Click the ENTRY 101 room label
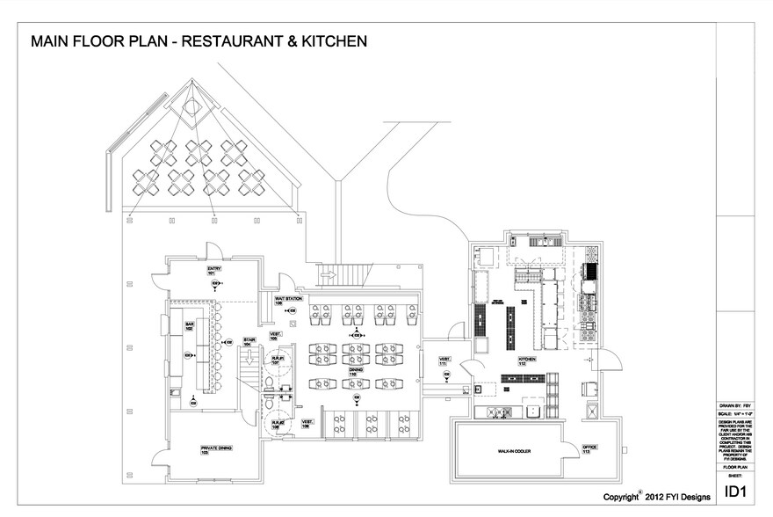[x=212, y=271]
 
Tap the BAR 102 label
[x=189, y=326]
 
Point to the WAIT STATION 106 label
[x=289, y=301]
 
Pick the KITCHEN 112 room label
[x=527, y=360]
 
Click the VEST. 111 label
[x=445, y=360]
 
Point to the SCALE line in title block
[x=736, y=413]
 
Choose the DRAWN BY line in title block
[x=736, y=405]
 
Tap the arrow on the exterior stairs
[x=327, y=275]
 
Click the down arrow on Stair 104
[x=249, y=358]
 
